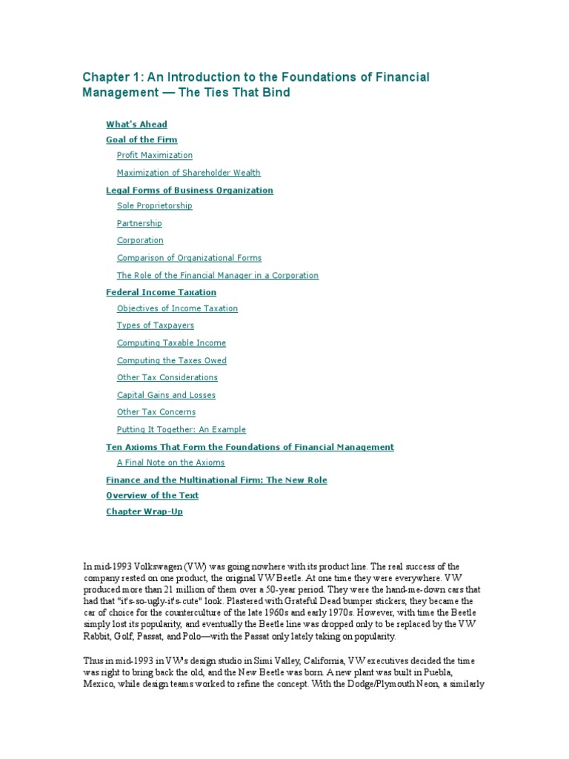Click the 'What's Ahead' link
coord(136,125)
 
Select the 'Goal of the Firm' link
coord(142,139)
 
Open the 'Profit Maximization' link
coord(154,155)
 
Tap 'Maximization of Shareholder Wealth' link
coord(188,173)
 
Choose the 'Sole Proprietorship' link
coord(154,206)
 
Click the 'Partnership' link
coord(139,223)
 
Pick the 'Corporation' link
coord(140,240)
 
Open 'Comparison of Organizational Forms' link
coord(189,258)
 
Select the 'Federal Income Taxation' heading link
coord(161,293)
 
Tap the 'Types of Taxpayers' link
coord(156,325)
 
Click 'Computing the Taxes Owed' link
coord(172,360)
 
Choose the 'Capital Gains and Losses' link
coord(166,395)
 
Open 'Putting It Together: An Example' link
coord(181,429)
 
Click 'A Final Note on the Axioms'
coord(170,463)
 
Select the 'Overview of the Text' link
coord(152,495)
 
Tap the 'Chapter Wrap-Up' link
coord(144,512)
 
